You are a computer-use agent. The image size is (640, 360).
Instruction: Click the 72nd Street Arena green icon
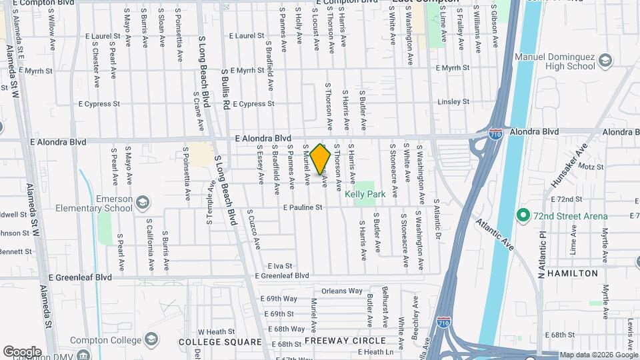(x=523, y=216)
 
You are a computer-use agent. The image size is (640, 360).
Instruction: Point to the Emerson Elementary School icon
(x=142, y=203)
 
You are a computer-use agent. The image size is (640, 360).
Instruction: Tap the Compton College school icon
(x=151, y=339)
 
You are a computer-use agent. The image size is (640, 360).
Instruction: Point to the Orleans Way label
(x=341, y=291)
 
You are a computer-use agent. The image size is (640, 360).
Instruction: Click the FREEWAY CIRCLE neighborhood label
(x=337, y=340)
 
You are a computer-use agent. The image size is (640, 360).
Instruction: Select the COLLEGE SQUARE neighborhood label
(x=220, y=342)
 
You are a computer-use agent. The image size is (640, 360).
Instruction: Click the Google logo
(x=22, y=351)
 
